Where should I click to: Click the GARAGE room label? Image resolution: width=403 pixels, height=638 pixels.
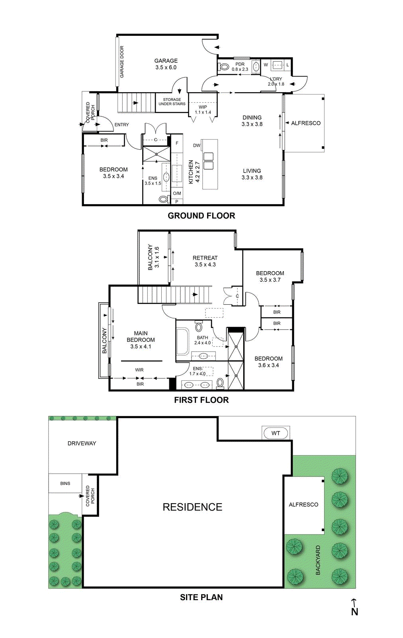pos(166,64)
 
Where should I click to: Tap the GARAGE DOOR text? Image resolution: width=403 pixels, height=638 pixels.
pos(122,62)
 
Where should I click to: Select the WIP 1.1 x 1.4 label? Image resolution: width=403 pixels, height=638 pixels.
pos(203,110)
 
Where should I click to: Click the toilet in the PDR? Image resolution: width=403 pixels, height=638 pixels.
pos(224,67)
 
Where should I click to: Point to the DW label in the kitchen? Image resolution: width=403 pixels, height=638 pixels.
pos(196,146)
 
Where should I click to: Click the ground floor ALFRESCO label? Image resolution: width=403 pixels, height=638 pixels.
pos(305,123)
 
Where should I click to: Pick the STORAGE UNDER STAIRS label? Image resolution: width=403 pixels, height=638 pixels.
pos(172,102)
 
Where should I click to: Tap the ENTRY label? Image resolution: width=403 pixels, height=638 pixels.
pos(121,125)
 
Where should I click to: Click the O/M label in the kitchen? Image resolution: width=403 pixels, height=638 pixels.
pos(177,193)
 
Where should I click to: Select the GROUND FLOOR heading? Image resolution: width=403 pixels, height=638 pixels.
pos(201,216)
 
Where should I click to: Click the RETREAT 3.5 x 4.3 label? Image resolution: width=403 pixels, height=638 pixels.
pos(205,261)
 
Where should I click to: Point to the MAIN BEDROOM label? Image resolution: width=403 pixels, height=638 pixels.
pos(141,340)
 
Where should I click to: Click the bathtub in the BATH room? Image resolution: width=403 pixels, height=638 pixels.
pos(183,341)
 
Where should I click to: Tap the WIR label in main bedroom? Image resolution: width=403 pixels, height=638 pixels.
pos(139,370)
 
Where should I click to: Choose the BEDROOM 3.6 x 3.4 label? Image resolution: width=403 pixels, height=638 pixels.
pos(268,362)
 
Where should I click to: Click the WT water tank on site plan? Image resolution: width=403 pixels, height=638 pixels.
pos(276,433)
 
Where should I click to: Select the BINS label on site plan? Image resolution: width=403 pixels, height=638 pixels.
pos(65,483)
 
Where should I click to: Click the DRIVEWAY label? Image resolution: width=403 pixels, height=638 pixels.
pos(82,443)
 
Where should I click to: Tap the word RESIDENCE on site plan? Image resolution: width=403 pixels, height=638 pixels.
pos(192,507)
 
